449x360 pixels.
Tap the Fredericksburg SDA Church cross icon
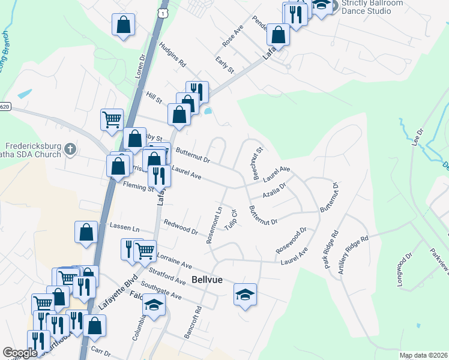(70, 148)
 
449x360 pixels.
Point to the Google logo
(20, 353)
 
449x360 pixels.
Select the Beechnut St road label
(258, 164)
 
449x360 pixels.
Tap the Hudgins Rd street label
(173, 54)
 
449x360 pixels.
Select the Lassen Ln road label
(125, 229)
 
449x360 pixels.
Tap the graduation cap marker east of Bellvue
(245, 294)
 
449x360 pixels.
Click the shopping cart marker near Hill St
(112, 119)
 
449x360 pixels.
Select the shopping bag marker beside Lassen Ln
(86, 232)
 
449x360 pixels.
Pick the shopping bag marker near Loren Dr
(123, 25)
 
